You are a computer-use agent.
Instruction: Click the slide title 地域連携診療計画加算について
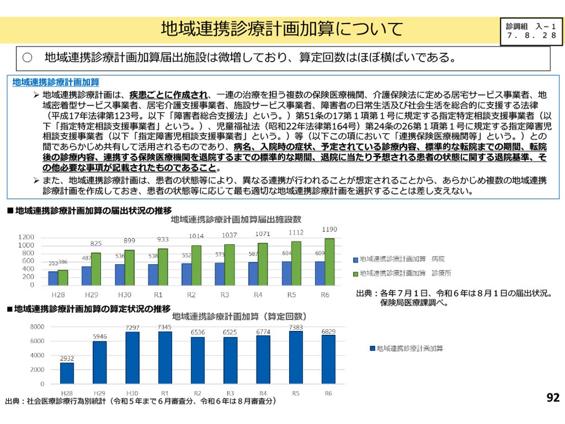(x=282, y=29)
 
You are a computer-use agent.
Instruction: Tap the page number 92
(x=553, y=397)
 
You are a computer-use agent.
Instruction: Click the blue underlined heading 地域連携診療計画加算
(x=56, y=82)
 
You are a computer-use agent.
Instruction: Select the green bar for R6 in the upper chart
(x=329, y=262)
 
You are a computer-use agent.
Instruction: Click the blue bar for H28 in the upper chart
(x=53, y=278)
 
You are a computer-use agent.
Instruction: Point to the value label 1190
(x=329, y=229)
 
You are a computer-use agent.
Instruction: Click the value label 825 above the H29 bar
(x=96, y=243)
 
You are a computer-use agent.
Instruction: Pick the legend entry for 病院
(x=399, y=259)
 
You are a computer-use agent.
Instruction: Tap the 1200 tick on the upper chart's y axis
(x=26, y=237)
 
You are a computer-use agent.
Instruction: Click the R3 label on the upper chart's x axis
(x=225, y=295)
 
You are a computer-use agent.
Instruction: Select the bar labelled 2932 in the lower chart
(x=67, y=373)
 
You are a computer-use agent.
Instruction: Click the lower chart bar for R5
(x=296, y=357)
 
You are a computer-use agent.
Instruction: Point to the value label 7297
(x=132, y=328)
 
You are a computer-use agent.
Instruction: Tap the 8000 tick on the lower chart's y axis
(x=37, y=327)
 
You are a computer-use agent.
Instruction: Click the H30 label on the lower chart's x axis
(x=132, y=393)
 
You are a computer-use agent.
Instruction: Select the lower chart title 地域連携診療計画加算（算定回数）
(x=239, y=317)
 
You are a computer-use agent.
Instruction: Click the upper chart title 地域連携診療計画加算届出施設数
(x=236, y=220)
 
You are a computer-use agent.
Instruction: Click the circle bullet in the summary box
(x=27, y=57)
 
